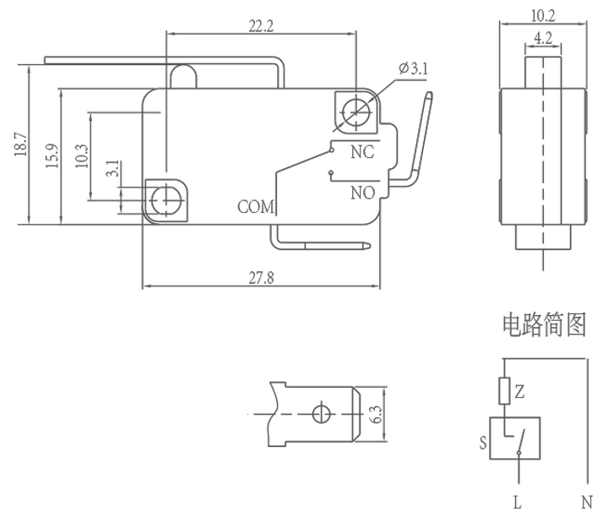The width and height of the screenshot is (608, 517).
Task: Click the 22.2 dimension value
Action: [262, 25]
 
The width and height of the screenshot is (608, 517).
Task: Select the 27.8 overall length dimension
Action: [262, 278]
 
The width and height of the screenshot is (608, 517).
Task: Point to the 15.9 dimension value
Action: [52, 157]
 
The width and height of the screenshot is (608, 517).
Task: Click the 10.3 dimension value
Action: [82, 156]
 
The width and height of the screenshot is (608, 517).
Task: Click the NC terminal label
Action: [362, 153]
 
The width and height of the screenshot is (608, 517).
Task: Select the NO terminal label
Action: [362, 193]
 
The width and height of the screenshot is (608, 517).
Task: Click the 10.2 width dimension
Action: [543, 14]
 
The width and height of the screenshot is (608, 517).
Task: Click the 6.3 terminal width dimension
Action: [377, 414]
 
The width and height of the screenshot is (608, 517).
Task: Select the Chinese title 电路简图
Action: [544, 324]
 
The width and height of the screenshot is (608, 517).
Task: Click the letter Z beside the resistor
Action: [520, 391]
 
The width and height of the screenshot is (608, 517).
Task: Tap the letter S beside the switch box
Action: [483, 441]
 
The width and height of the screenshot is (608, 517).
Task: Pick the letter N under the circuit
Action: [586, 503]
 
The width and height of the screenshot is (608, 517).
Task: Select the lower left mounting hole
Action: [165, 200]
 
